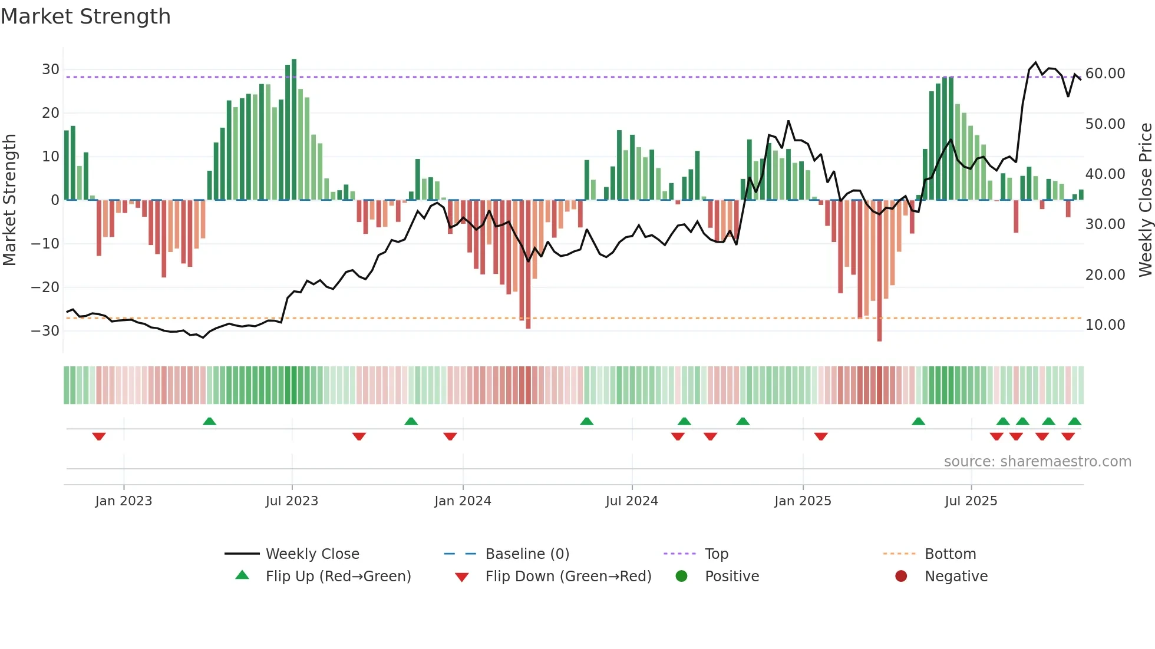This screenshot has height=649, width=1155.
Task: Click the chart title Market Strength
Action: click(85, 16)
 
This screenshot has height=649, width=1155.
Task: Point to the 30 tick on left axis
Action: click(51, 69)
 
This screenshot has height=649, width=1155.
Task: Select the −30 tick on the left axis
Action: click(46, 331)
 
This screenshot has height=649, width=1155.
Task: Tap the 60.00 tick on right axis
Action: click(1105, 74)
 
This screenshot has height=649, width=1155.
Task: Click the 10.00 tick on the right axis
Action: click(1105, 325)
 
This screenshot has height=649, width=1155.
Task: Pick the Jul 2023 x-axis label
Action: click(292, 501)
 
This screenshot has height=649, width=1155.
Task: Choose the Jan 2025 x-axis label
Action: click(803, 501)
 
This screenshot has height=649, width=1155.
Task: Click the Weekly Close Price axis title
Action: click(1145, 200)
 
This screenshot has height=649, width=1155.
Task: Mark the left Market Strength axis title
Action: click(9, 200)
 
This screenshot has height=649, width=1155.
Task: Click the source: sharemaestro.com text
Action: click(1037, 462)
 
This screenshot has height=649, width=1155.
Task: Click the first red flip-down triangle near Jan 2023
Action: click(99, 436)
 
